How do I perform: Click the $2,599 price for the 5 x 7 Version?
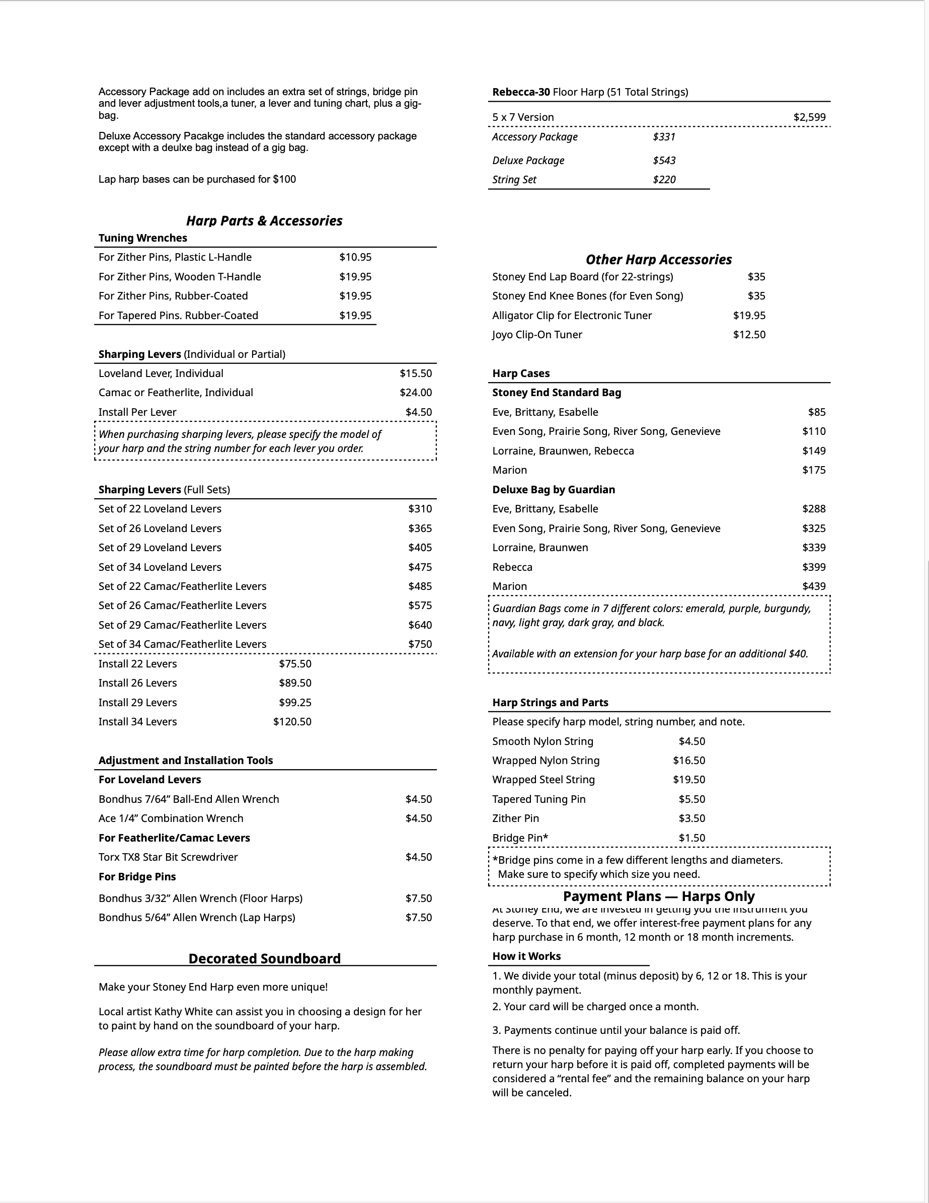point(809,117)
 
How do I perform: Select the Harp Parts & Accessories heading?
point(264,221)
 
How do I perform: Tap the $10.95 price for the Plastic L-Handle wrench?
point(355,257)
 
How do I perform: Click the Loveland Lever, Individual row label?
point(161,373)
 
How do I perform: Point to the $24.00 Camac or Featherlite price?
point(415,393)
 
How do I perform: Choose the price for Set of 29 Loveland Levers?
point(420,548)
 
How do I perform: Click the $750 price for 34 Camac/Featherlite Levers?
point(420,644)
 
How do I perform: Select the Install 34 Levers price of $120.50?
point(292,722)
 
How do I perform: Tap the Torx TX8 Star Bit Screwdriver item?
point(168,857)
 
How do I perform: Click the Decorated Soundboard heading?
point(264,958)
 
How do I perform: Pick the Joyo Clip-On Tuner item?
point(537,335)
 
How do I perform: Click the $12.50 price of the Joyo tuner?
point(749,335)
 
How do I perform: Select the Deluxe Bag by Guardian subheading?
point(554,490)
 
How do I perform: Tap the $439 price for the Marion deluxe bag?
point(813,586)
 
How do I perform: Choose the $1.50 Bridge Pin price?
point(691,838)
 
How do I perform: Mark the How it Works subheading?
point(526,956)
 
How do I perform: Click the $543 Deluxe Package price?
point(664,160)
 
